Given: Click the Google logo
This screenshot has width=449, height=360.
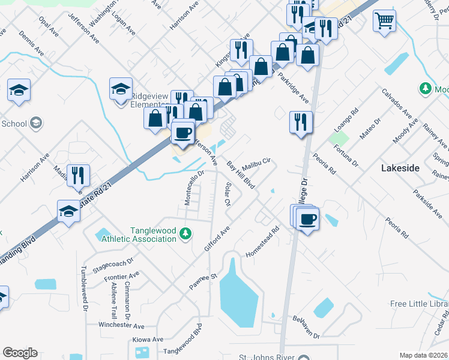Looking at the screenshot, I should (20, 353).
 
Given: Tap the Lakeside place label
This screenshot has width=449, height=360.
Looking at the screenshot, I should (400, 169).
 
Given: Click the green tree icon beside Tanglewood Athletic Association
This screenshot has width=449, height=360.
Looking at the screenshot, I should (186, 233).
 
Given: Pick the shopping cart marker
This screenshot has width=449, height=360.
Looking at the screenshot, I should (384, 21).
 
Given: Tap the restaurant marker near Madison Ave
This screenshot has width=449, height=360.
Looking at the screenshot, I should (78, 175).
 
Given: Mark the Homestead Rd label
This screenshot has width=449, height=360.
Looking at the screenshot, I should (263, 242).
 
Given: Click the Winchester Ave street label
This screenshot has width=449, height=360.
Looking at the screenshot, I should (122, 326).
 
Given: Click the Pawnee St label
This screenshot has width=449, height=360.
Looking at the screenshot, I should (204, 278).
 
